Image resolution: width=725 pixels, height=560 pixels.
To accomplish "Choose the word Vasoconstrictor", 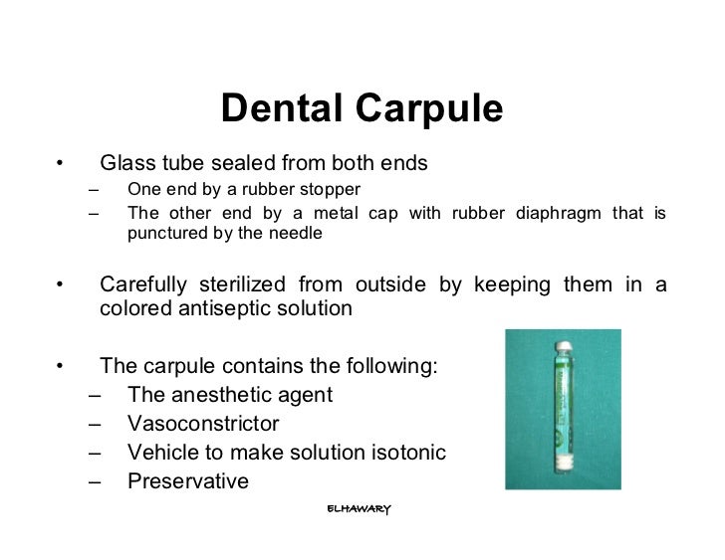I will pyautogui.click(x=203, y=424).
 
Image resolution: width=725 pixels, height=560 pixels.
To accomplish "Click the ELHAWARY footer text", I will pyautogui.click(x=359, y=508).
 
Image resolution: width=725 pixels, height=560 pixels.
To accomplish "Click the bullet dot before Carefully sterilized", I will pyautogui.click(x=60, y=286).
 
